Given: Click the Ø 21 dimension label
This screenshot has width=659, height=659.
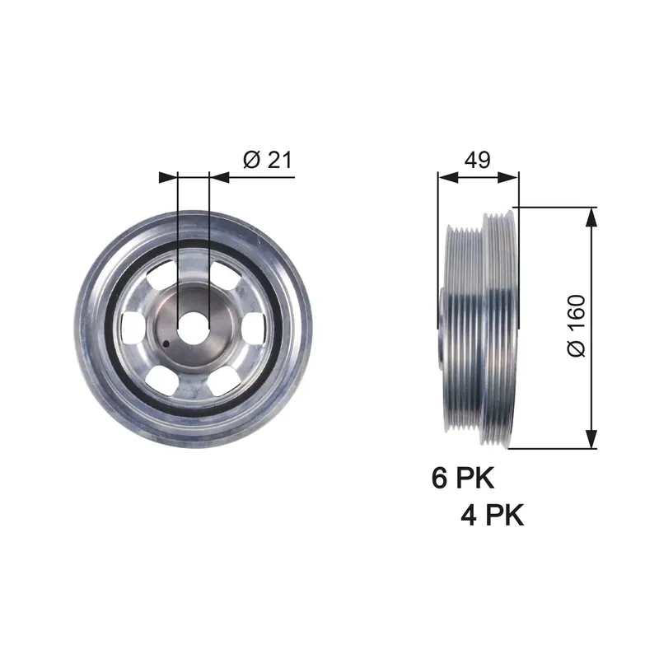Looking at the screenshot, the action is pos(267,160).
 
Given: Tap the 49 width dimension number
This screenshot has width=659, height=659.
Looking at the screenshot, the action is pos(478,160).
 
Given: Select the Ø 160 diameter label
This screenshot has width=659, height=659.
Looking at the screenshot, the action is pos(577,325).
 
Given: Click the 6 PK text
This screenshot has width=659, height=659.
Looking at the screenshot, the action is pos(463,478).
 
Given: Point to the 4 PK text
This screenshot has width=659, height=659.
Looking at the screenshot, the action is pos(492,515).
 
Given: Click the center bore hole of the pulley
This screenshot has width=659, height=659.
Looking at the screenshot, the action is pos(194,328).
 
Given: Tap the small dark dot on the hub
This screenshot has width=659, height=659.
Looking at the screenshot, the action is pos(166,344).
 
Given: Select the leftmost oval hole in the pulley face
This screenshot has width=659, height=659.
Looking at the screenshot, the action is pos(133,327).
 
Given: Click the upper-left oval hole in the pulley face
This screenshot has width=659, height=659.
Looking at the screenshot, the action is pos(162,274).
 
